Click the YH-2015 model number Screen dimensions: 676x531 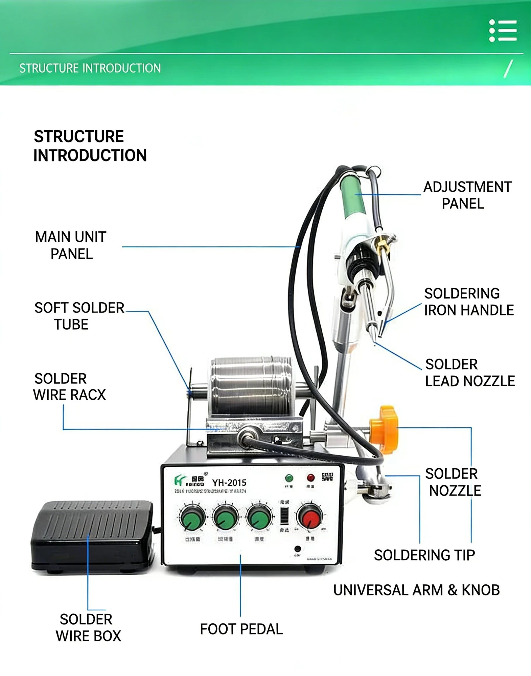tap(229, 483)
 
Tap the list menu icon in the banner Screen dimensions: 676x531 tap(503, 30)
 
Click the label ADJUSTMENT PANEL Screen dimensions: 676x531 tap(467, 195)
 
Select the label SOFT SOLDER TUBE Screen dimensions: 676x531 tap(79, 316)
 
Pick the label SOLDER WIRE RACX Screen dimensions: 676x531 tap(69, 387)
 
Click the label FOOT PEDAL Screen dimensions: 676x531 tap(241, 629)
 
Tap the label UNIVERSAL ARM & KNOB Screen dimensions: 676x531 tap(416, 590)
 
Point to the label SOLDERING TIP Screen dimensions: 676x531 tap(425, 555)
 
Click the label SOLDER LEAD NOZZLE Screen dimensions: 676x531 tap(470, 373)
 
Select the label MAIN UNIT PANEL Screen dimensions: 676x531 tap(71, 245)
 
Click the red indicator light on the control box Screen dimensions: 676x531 tap(310, 478)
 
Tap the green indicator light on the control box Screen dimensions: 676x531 tap(289, 478)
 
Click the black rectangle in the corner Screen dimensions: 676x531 tap(474, 653)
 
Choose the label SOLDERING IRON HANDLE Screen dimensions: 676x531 tap(468, 302)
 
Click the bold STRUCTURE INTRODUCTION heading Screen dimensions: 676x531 tap(90, 146)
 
